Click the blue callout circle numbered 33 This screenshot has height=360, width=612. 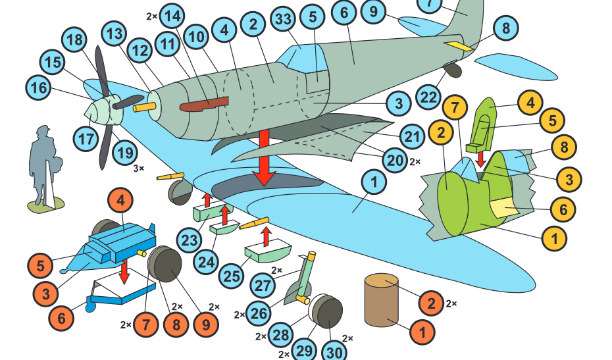click(x=283, y=20)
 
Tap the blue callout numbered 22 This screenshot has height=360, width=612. click(x=430, y=98)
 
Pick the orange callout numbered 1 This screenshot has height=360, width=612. click(x=422, y=330)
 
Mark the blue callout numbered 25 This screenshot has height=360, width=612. click(x=231, y=276)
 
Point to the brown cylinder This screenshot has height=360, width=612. click(x=382, y=301)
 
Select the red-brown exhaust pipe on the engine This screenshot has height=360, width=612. click(x=204, y=104)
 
